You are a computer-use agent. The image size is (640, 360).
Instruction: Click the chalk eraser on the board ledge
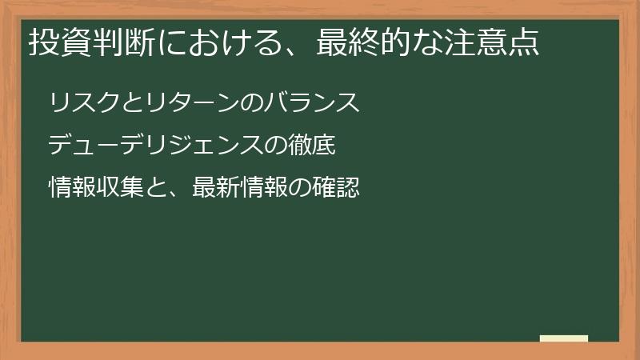pos(563,338)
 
